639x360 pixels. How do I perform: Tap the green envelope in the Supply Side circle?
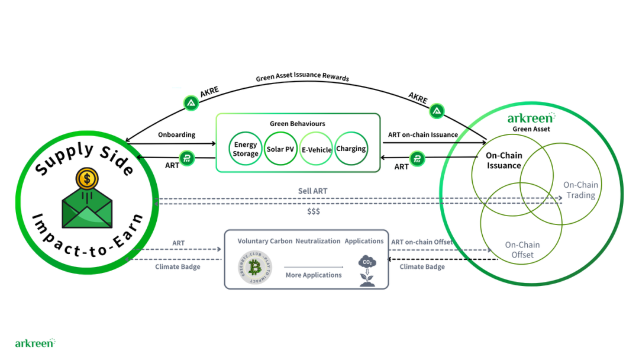click(x=87, y=207)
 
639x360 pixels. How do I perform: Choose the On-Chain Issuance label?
click(x=504, y=160)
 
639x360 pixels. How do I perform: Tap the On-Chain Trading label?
click(x=580, y=190)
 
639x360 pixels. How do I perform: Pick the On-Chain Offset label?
click(x=522, y=249)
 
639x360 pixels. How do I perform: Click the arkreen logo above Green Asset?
click(x=531, y=118)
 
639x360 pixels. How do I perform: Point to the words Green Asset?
click(x=530, y=129)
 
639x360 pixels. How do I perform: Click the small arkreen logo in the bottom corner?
click(x=35, y=342)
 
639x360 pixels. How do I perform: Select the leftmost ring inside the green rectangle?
click(x=244, y=147)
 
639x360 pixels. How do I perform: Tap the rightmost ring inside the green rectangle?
click(x=353, y=147)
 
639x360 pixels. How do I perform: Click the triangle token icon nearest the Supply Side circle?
click(x=191, y=103)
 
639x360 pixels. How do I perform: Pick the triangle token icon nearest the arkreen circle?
click(x=437, y=111)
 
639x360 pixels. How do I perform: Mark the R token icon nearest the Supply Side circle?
click(x=187, y=159)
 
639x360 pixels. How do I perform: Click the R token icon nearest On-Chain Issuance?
click(x=418, y=159)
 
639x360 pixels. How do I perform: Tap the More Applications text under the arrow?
click(x=314, y=275)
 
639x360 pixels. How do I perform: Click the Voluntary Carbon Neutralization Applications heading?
click(x=309, y=242)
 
